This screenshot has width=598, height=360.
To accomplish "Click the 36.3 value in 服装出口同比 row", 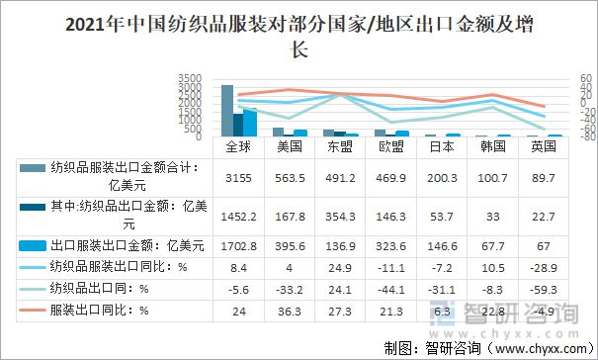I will coord(289,311).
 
